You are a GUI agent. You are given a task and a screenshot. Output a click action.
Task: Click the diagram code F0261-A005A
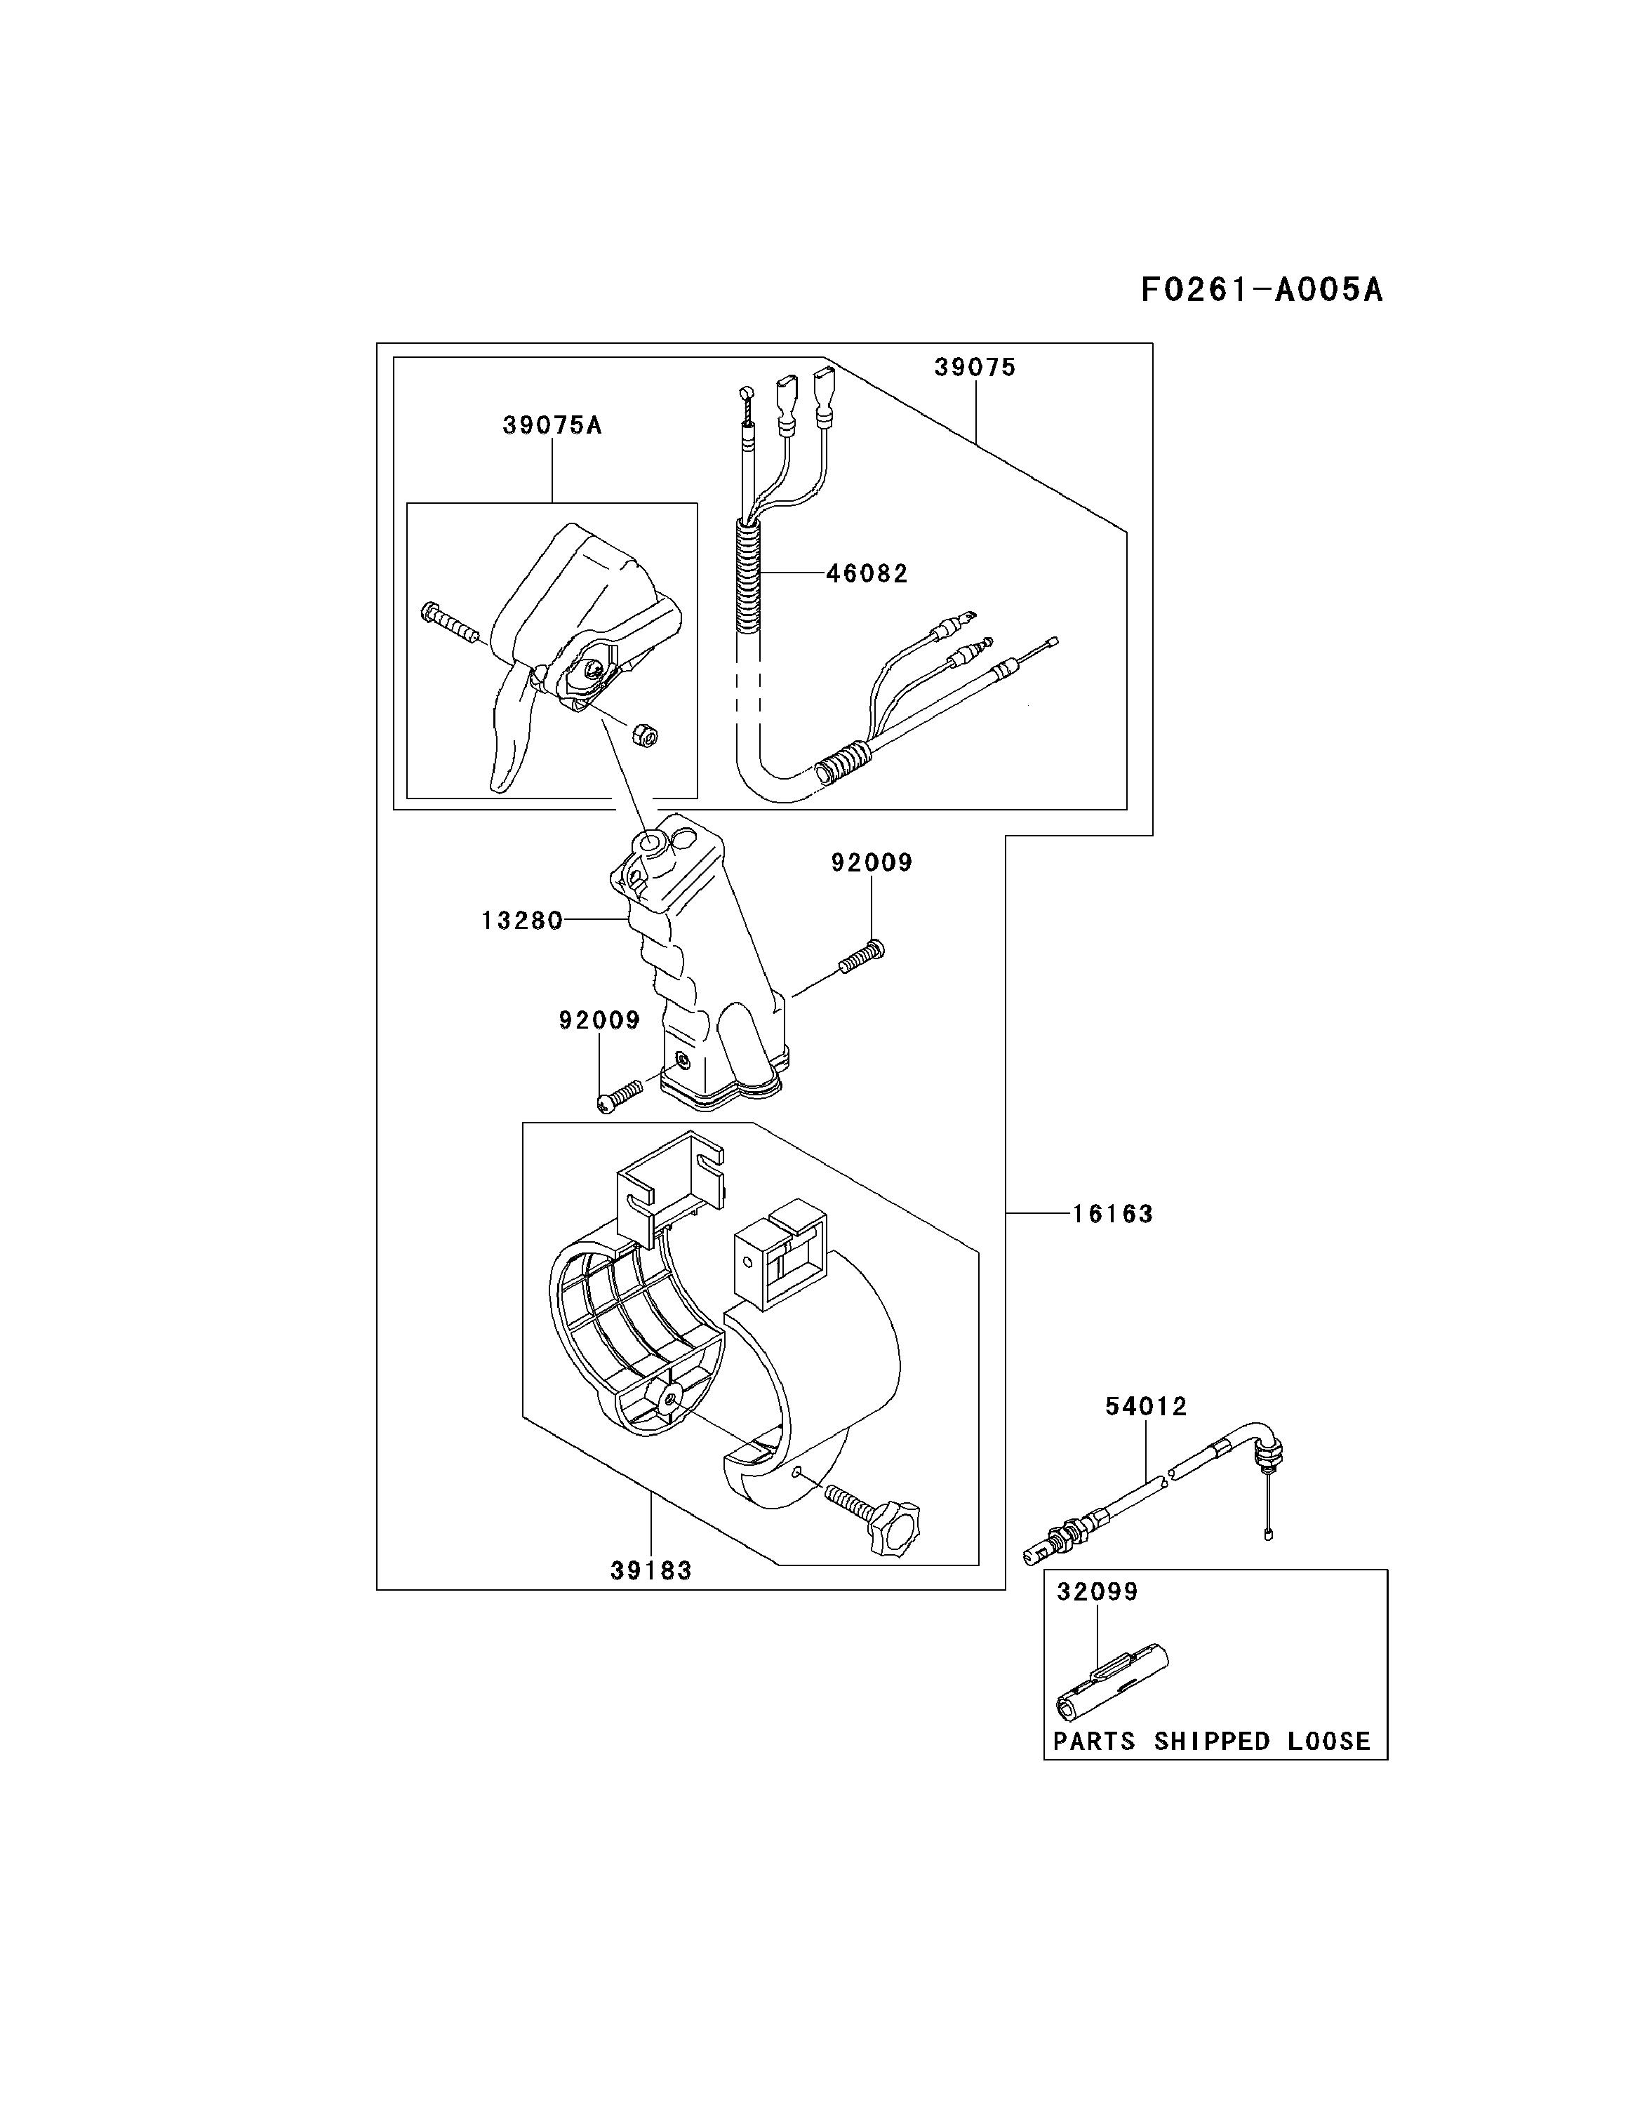[1261, 289]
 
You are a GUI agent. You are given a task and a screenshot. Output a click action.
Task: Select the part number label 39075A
[552, 425]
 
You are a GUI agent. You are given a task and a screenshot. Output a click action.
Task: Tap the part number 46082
[867, 573]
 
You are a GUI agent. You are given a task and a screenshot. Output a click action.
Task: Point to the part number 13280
[521, 921]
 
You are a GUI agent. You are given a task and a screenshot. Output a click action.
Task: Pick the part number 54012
[1145, 1406]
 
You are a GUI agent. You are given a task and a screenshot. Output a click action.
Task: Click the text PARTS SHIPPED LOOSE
[1212, 1741]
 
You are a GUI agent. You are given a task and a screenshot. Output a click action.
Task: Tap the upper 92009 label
[872, 862]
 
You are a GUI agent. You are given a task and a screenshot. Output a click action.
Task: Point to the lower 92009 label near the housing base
[599, 1020]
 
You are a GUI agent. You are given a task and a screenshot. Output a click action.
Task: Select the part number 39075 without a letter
[975, 367]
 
